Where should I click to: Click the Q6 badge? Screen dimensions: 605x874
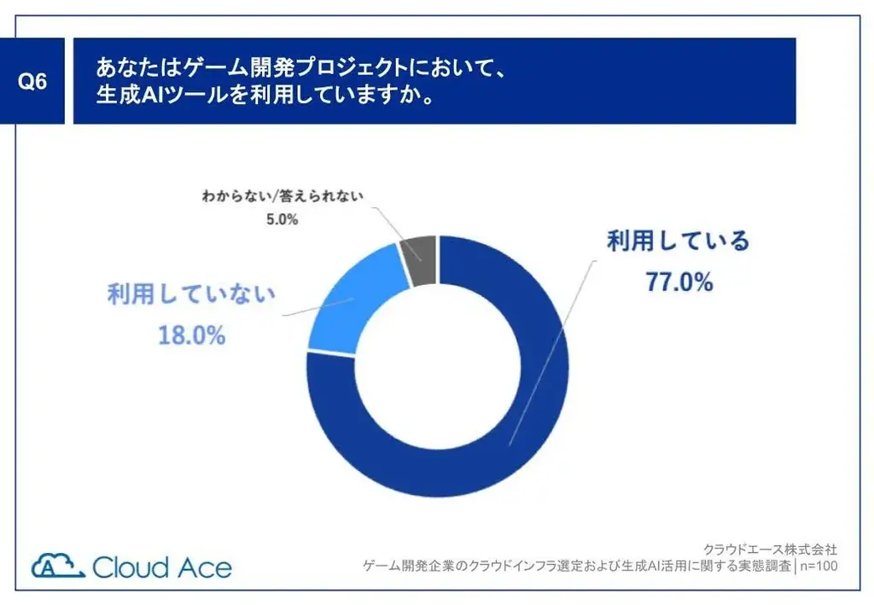coord(32,81)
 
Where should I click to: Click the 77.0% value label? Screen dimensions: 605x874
coord(679,283)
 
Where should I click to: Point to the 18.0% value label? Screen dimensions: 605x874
coord(191,335)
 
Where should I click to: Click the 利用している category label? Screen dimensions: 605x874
coord(678,241)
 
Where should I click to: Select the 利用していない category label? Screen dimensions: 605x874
coord(191,295)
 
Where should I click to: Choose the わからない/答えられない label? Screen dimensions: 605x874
coord(283,195)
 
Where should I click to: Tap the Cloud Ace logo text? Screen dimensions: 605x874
coord(162,567)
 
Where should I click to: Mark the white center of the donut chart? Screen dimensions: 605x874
coord(437,367)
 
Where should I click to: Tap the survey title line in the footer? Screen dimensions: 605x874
coord(577,566)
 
